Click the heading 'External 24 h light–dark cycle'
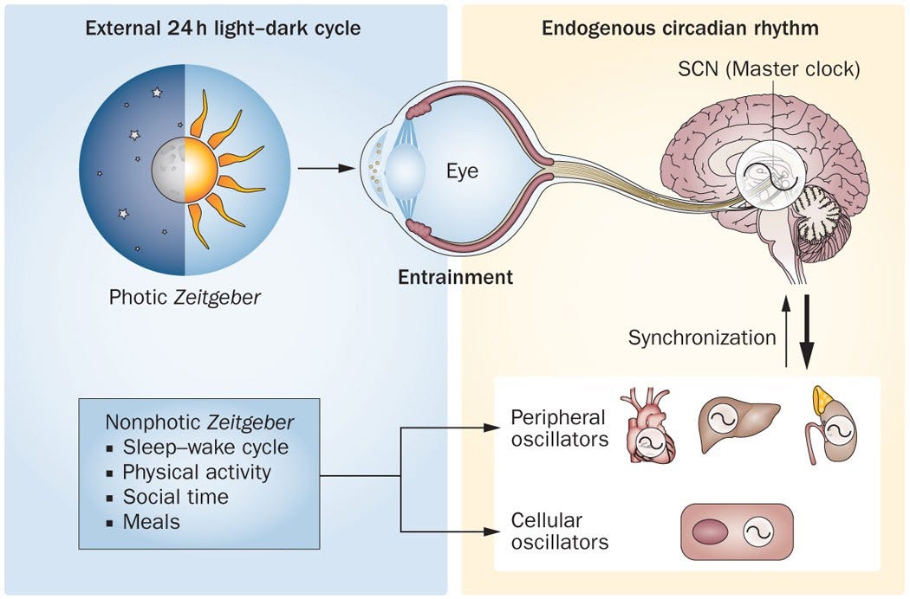[x=224, y=28]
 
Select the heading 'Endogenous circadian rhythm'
[x=680, y=28]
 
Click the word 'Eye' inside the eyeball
[x=462, y=171]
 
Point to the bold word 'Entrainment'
[x=455, y=278]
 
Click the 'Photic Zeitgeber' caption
[x=185, y=297]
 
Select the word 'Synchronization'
[x=702, y=337]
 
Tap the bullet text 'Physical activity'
[x=197, y=473]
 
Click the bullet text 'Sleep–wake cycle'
[x=205, y=448]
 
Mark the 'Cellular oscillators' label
[x=559, y=531]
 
